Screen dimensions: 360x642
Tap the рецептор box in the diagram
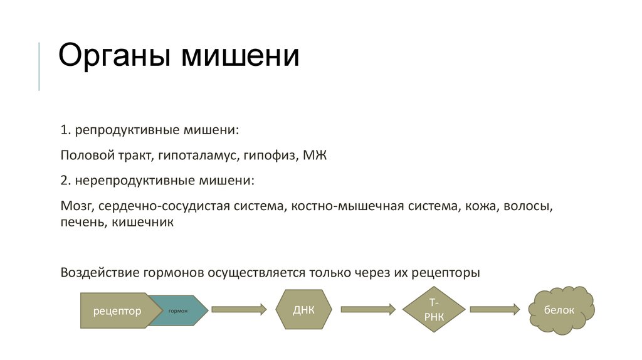point(117,310)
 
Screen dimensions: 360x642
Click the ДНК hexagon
point(303,310)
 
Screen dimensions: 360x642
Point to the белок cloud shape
point(560,310)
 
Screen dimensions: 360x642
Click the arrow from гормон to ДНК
point(239,309)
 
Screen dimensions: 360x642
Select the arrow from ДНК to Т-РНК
point(367,309)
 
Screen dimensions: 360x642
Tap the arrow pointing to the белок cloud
point(495,309)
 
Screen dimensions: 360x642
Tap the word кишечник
point(143,222)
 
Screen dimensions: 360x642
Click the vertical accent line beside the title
point(39,66)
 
